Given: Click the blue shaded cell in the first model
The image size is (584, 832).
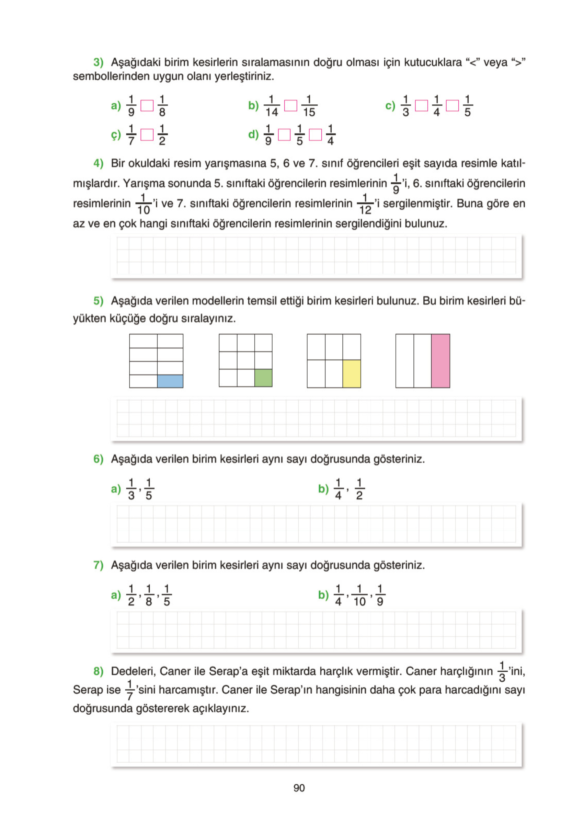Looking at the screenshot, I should pyautogui.click(x=170, y=381).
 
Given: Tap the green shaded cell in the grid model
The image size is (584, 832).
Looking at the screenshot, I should pyautogui.click(x=263, y=378).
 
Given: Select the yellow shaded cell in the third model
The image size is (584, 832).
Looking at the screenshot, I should pyautogui.click(x=352, y=373).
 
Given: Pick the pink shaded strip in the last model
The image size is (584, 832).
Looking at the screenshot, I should pyautogui.click(x=440, y=361).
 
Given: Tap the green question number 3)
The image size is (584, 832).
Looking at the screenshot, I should pyautogui.click(x=98, y=62).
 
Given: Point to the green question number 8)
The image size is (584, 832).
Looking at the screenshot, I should pyautogui.click(x=98, y=671).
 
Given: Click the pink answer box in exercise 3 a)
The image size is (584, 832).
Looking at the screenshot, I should pyautogui.click(x=147, y=106).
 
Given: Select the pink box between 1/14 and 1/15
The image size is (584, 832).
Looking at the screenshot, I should pyautogui.click(x=291, y=106).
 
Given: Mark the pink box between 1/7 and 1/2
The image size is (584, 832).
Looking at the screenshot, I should pyautogui.click(x=147, y=135).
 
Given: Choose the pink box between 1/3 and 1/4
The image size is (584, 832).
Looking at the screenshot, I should pyautogui.click(x=421, y=106).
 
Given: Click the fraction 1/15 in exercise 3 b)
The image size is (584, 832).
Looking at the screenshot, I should pyautogui.click(x=309, y=106).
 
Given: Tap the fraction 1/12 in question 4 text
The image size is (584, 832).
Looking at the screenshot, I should pyautogui.click(x=365, y=204).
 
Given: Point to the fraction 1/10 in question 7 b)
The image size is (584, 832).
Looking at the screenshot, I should pyautogui.click(x=359, y=596).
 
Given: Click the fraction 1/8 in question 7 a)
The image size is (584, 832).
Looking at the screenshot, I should pyautogui.click(x=149, y=596).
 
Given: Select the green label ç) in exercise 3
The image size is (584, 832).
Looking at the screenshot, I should pyautogui.click(x=116, y=135).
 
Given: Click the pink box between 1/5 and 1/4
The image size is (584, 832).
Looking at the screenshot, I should pyautogui.click(x=316, y=135).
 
